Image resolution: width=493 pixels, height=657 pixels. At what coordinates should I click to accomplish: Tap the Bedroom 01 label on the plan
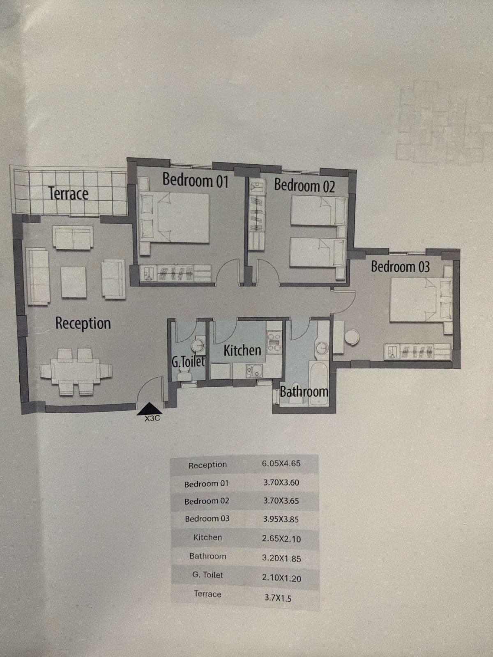click(196, 180)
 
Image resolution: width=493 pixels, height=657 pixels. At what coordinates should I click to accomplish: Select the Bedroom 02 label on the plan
click(304, 186)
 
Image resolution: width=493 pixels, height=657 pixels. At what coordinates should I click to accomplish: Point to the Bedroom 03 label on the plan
click(400, 266)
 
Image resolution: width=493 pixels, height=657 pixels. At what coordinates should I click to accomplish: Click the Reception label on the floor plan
click(83, 324)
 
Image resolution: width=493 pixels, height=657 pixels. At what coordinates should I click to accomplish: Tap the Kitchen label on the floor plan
click(242, 350)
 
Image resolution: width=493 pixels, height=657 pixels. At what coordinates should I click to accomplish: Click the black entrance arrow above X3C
click(149, 409)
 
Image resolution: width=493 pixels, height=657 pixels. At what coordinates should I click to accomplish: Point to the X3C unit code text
click(152, 419)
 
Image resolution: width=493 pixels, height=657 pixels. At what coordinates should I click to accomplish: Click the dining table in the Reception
click(76, 371)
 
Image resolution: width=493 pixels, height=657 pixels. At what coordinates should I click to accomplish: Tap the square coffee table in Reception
click(74, 282)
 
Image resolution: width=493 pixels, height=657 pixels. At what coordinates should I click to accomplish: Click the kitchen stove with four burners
click(274, 342)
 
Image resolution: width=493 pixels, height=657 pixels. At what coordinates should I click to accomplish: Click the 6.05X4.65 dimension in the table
click(281, 464)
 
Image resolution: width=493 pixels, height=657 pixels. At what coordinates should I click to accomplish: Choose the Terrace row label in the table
click(207, 594)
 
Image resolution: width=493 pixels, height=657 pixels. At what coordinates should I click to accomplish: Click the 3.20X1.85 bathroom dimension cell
click(281, 558)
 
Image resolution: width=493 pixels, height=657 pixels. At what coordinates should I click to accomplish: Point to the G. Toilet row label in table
click(208, 575)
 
